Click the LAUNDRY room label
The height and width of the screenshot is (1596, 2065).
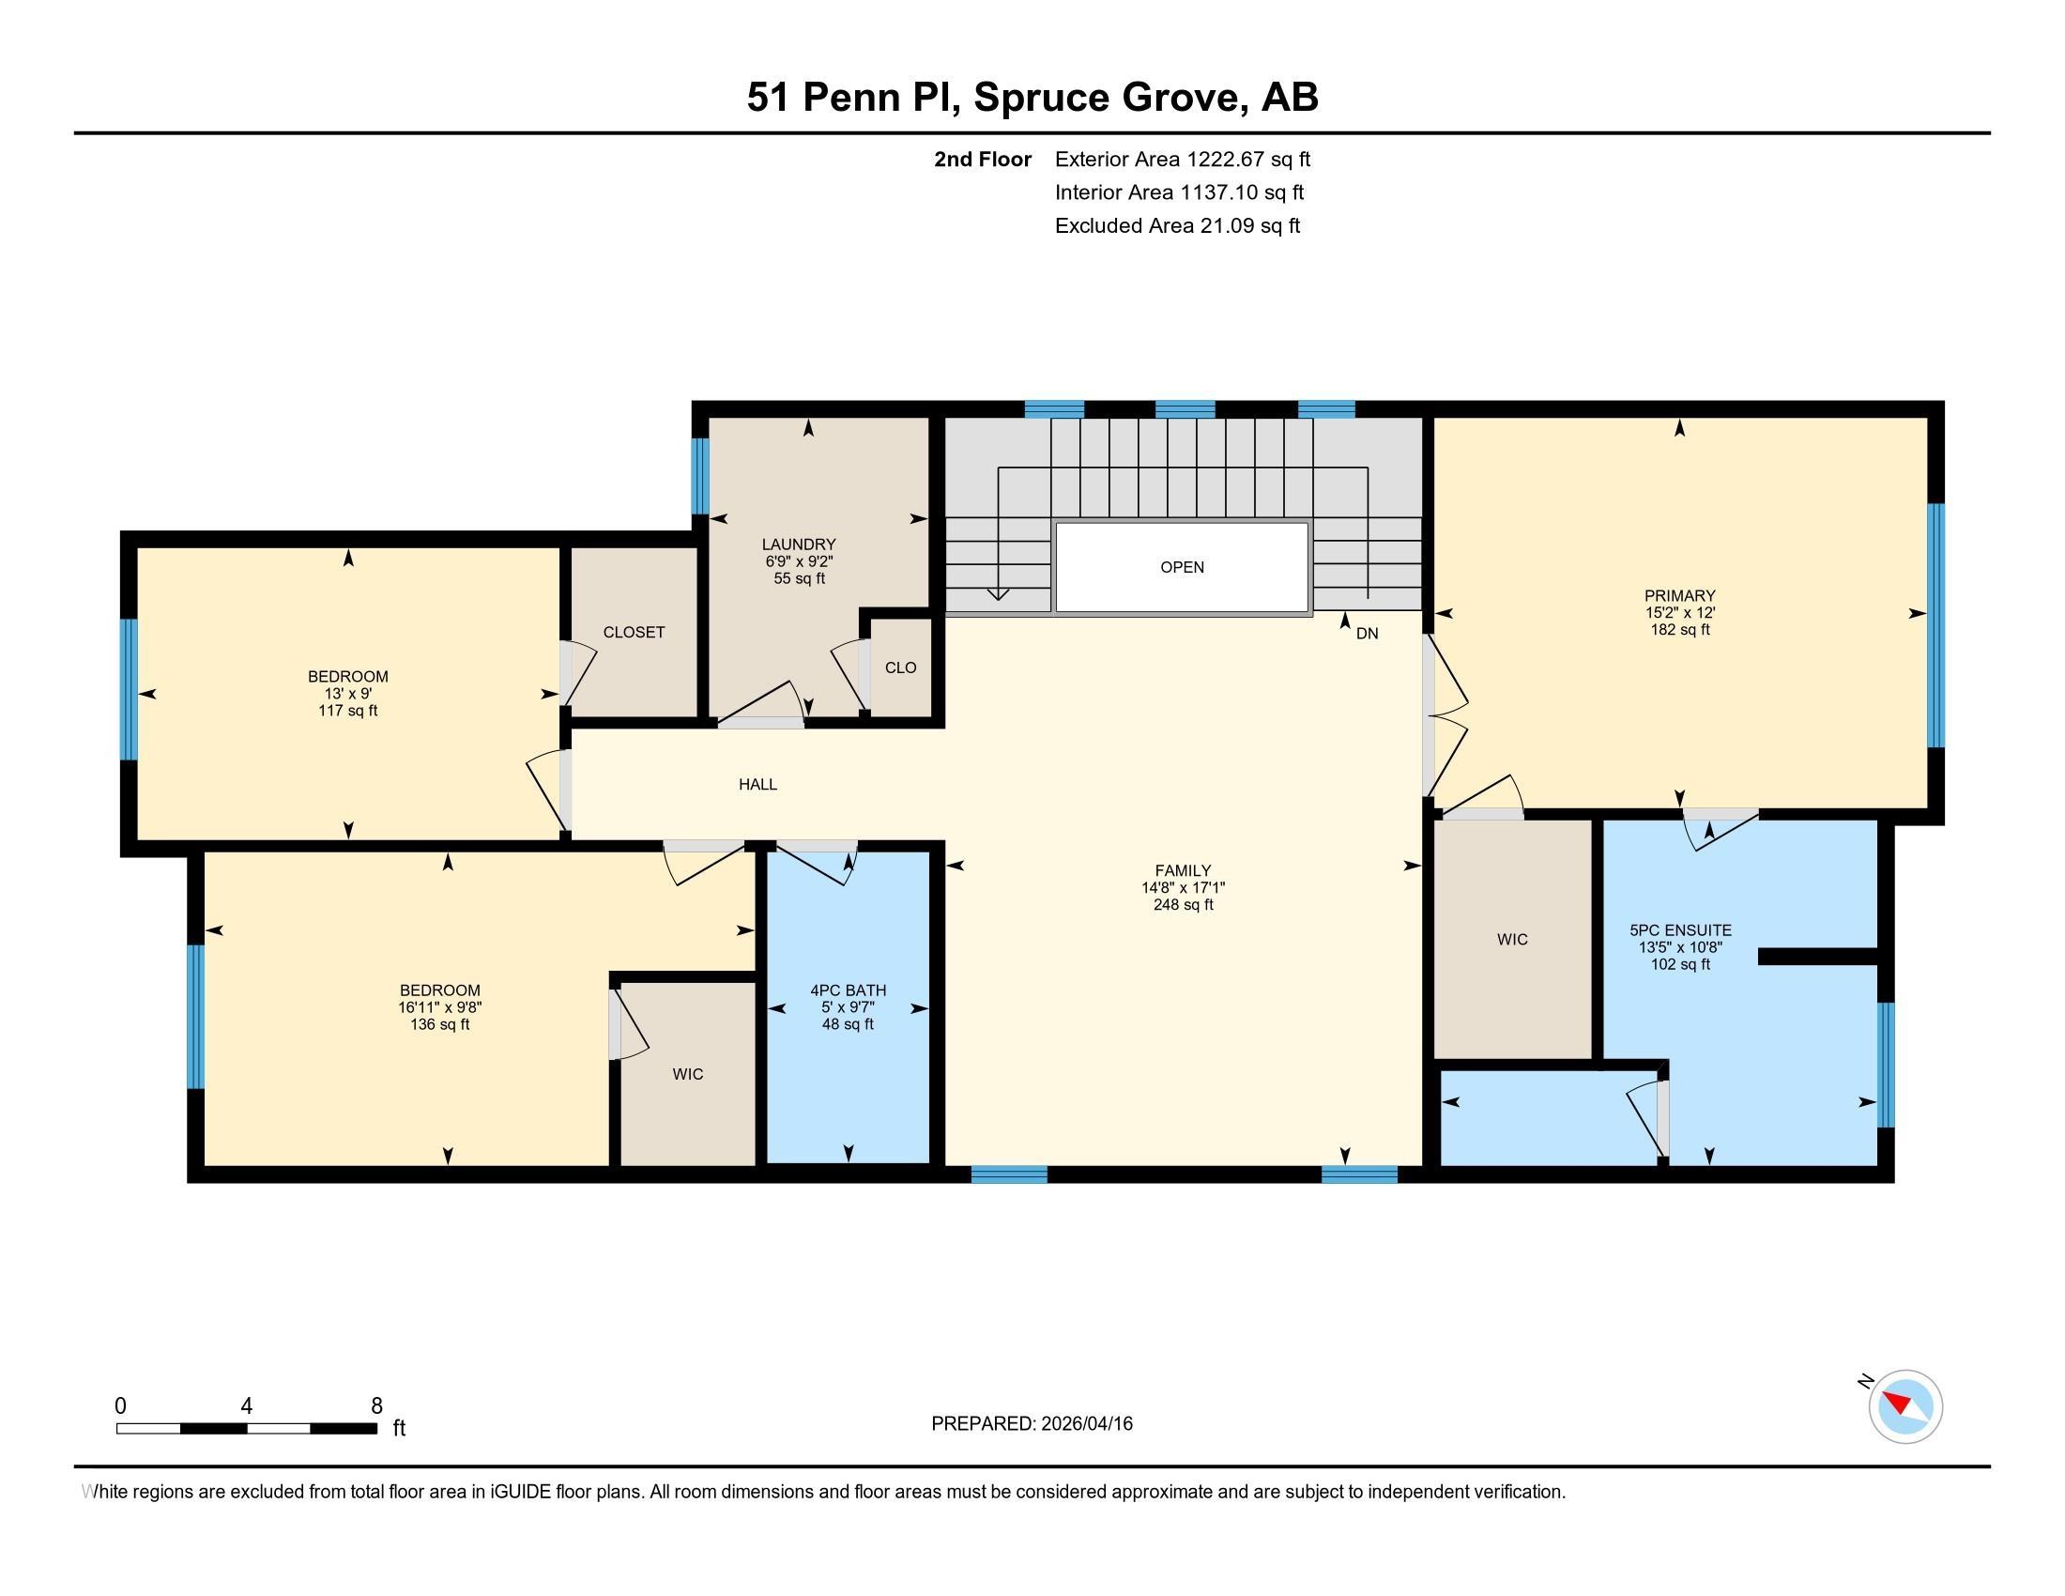coord(799,545)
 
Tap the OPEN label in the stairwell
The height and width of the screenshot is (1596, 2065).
coord(1182,567)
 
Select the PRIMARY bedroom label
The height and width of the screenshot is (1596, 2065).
coord(1679,595)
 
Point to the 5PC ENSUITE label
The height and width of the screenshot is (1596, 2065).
coord(1680,930)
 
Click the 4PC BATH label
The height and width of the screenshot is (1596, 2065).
coord(849,990)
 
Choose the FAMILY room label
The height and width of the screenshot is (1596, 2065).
coord(1183,871)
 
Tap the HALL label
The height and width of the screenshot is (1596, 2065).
coord(758,784)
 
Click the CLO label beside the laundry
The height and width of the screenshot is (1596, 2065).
coord(901,668)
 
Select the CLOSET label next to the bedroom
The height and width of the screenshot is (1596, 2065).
coord(635,633)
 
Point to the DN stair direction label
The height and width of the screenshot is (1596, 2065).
coord(1368,634)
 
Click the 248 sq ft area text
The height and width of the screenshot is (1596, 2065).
coord(1183,905)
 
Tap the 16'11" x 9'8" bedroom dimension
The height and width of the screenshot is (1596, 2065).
coord(440,1008)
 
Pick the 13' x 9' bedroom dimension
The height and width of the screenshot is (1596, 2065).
coord(348,693)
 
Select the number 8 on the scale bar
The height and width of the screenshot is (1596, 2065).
coord(376,1406)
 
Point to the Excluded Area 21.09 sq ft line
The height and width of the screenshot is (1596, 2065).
coord(1178,226)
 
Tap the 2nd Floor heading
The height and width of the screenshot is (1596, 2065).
coord(983,160)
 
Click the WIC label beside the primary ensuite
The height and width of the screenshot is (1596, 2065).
coord(1513,940)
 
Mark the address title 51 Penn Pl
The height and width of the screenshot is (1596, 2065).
coord(855,98)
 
